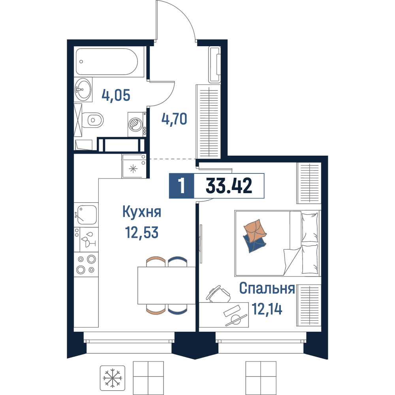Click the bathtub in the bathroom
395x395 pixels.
(107, 62)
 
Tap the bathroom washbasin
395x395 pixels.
(83, 89)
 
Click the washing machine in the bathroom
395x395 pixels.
(137, 124)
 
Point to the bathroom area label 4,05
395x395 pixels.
(116, 95)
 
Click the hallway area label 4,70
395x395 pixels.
(174, 119)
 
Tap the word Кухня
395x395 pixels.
(142, 212)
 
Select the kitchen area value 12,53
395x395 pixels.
(142, 232)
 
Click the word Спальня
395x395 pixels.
(267, 288)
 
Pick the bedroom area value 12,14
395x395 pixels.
(267, 309)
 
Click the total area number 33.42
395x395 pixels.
(229, 186)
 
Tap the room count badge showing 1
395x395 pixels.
(181, 186)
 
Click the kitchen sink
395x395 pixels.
(87, 214)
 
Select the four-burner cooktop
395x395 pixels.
(86, 264)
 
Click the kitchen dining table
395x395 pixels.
(167, 286)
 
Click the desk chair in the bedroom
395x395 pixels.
(218, 294)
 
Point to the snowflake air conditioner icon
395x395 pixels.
(112, 378)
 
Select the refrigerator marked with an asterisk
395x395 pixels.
(134, 166)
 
